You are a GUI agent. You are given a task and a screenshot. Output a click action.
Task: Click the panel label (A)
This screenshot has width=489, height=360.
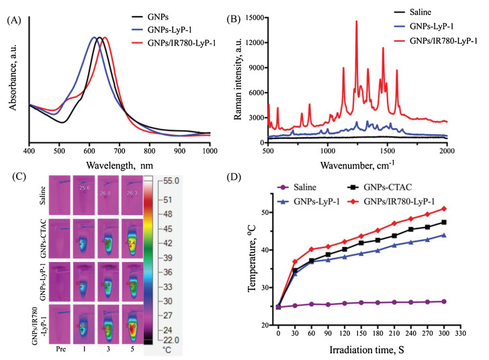click(13, 20)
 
